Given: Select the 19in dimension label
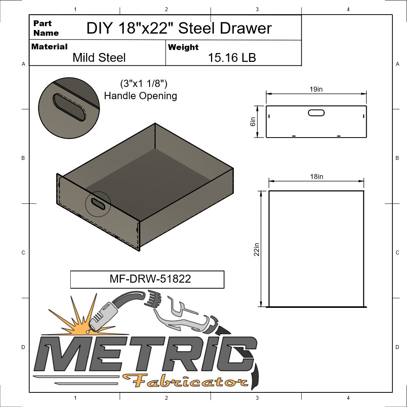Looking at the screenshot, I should (316, 89).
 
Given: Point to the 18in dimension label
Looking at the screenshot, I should (316, 176).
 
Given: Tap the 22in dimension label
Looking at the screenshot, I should (257, 249).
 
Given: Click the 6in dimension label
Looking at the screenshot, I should (253, 121).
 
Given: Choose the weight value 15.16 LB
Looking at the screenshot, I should (232, 58).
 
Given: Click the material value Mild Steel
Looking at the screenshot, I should (99, 58).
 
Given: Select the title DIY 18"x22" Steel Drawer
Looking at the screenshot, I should (179, 28).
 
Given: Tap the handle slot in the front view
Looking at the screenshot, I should (316, 113).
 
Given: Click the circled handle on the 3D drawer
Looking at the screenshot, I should (98, 204).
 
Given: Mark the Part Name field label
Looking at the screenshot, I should (46, 28).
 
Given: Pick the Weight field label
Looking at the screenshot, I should (183, 47).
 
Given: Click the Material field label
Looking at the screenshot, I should (49, 47).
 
